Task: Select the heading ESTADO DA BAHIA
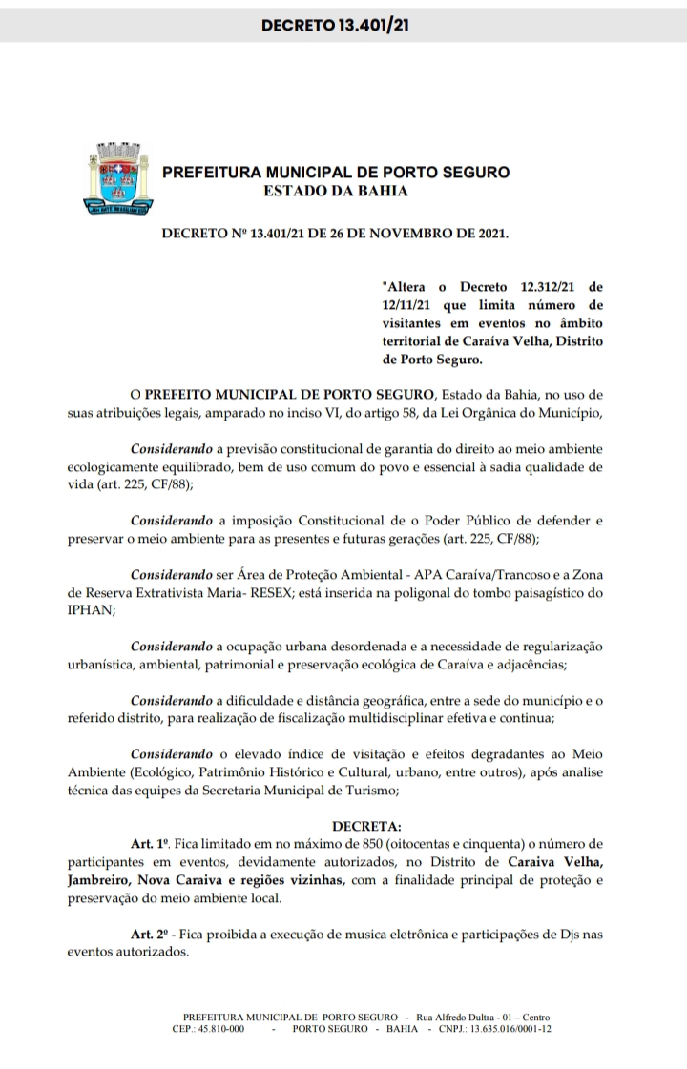click(x=337, y=191)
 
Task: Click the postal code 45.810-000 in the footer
click(x=222, y=1030)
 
